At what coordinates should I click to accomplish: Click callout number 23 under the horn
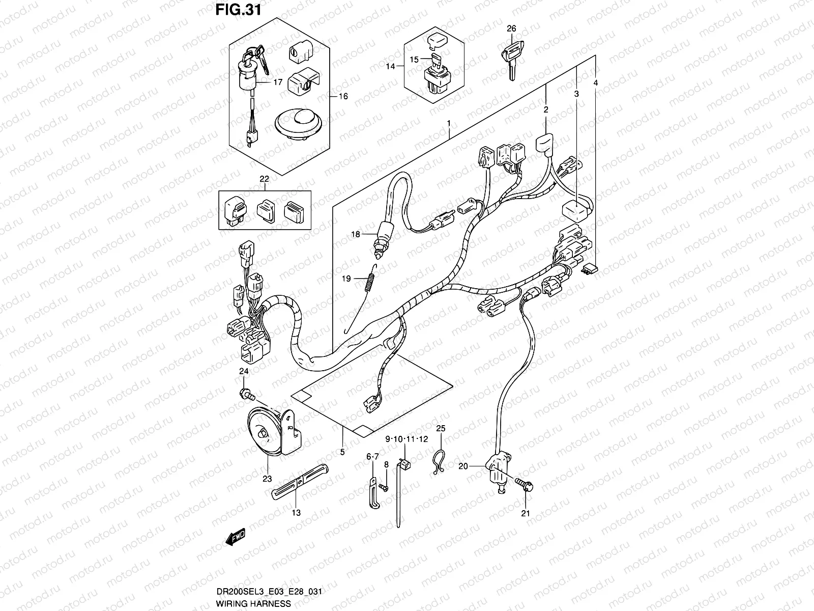pos(267,478)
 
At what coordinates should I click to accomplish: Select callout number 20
pos(462,465)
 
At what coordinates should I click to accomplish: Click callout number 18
pos(355,234)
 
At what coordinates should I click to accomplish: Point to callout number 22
pos(264,179)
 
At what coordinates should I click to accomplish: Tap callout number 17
pos(278,81)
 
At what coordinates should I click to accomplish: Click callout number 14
pos(390,66)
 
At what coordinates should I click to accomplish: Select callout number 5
pos(342,452)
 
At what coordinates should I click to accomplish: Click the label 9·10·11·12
pos(406,439)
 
